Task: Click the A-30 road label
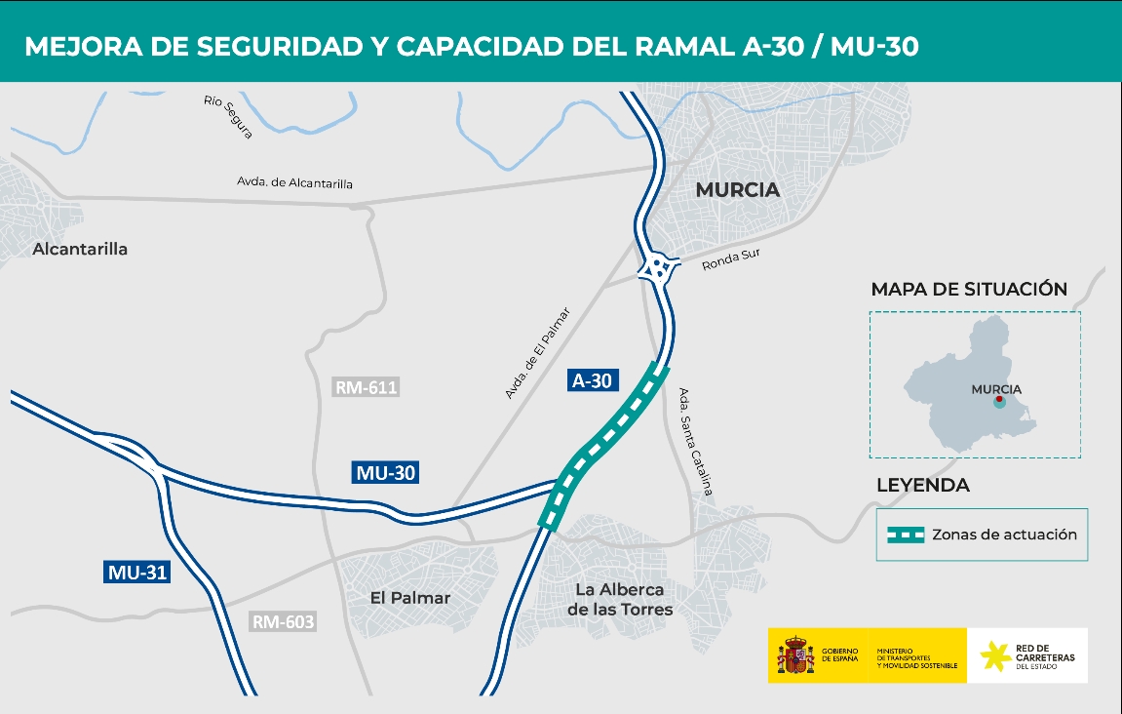[592, 380]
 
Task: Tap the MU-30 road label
[386, 473]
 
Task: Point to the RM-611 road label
[367, 387]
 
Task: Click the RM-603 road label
[285, 621]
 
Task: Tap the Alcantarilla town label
[80, 249]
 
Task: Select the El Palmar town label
[409, 597]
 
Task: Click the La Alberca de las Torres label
[619, 600]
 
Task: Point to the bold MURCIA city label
[738, 190]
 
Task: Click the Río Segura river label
[228, 116]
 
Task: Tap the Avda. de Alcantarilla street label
[294, 182]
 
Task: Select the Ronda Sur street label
[730, 259]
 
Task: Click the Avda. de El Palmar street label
[537, 352]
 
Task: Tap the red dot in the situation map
[998, 400]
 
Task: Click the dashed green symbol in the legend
[904, 535]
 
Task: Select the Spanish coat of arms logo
[795, 655]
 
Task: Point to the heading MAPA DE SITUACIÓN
[969, 290]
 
